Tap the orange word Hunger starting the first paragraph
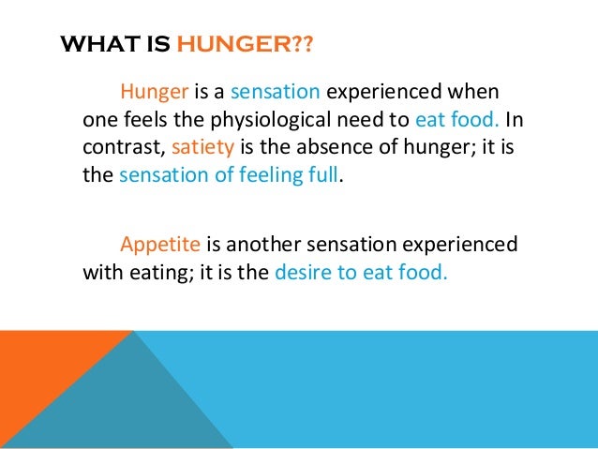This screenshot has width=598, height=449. pyautogui.click(x=155, y=94)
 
